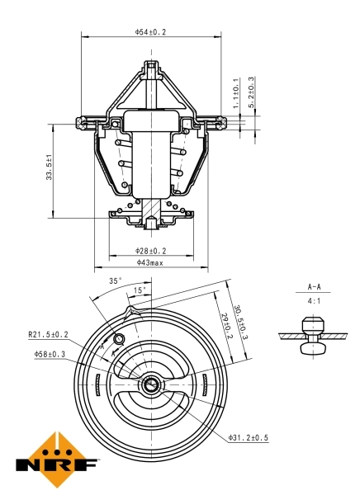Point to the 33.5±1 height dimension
(x=50, y=168)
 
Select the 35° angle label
(x=116, y=280)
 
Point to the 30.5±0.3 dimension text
(x=240, y=323)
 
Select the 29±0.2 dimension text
(x=227, y=334)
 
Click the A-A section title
(x=315, y=287)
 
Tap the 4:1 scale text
(x=315, y=302)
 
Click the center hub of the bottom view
(x=151, y=384)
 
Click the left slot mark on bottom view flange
(x=97, y=384)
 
